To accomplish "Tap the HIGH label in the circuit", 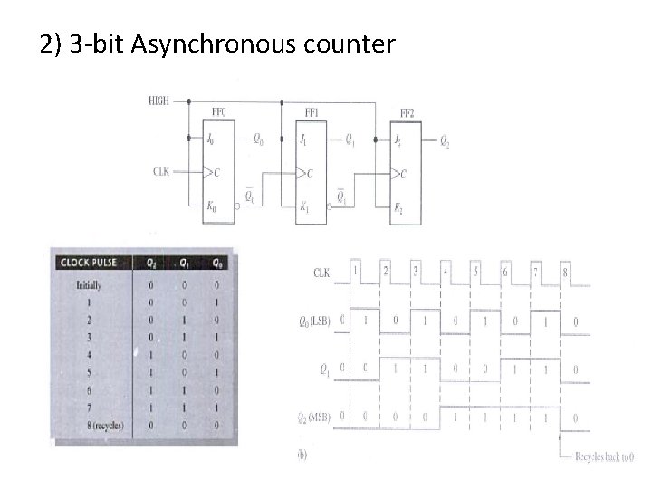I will (158, 101).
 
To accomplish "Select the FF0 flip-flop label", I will (218, 112).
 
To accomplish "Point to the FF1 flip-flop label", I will (312, 112).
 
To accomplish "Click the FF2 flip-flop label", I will (408, 113).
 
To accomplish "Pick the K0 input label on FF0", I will (211, 207).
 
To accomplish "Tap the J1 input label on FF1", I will (304, 139).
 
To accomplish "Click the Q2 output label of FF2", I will (445, 140).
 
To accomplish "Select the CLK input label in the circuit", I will (160, 170).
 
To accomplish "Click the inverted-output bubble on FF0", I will (237, 207).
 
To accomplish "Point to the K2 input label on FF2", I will (398, 207).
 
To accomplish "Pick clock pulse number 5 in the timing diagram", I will (475, 271).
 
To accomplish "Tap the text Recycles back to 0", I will (604, 457).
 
